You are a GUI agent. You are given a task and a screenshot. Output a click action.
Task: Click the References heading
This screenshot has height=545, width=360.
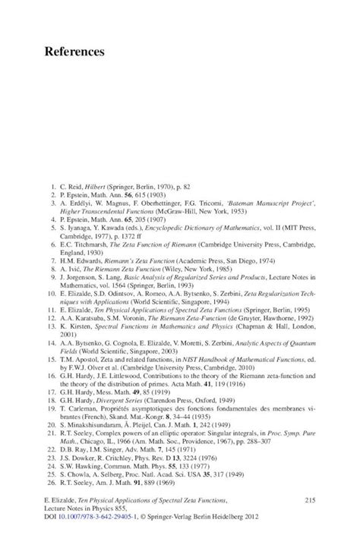pos(69,52)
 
